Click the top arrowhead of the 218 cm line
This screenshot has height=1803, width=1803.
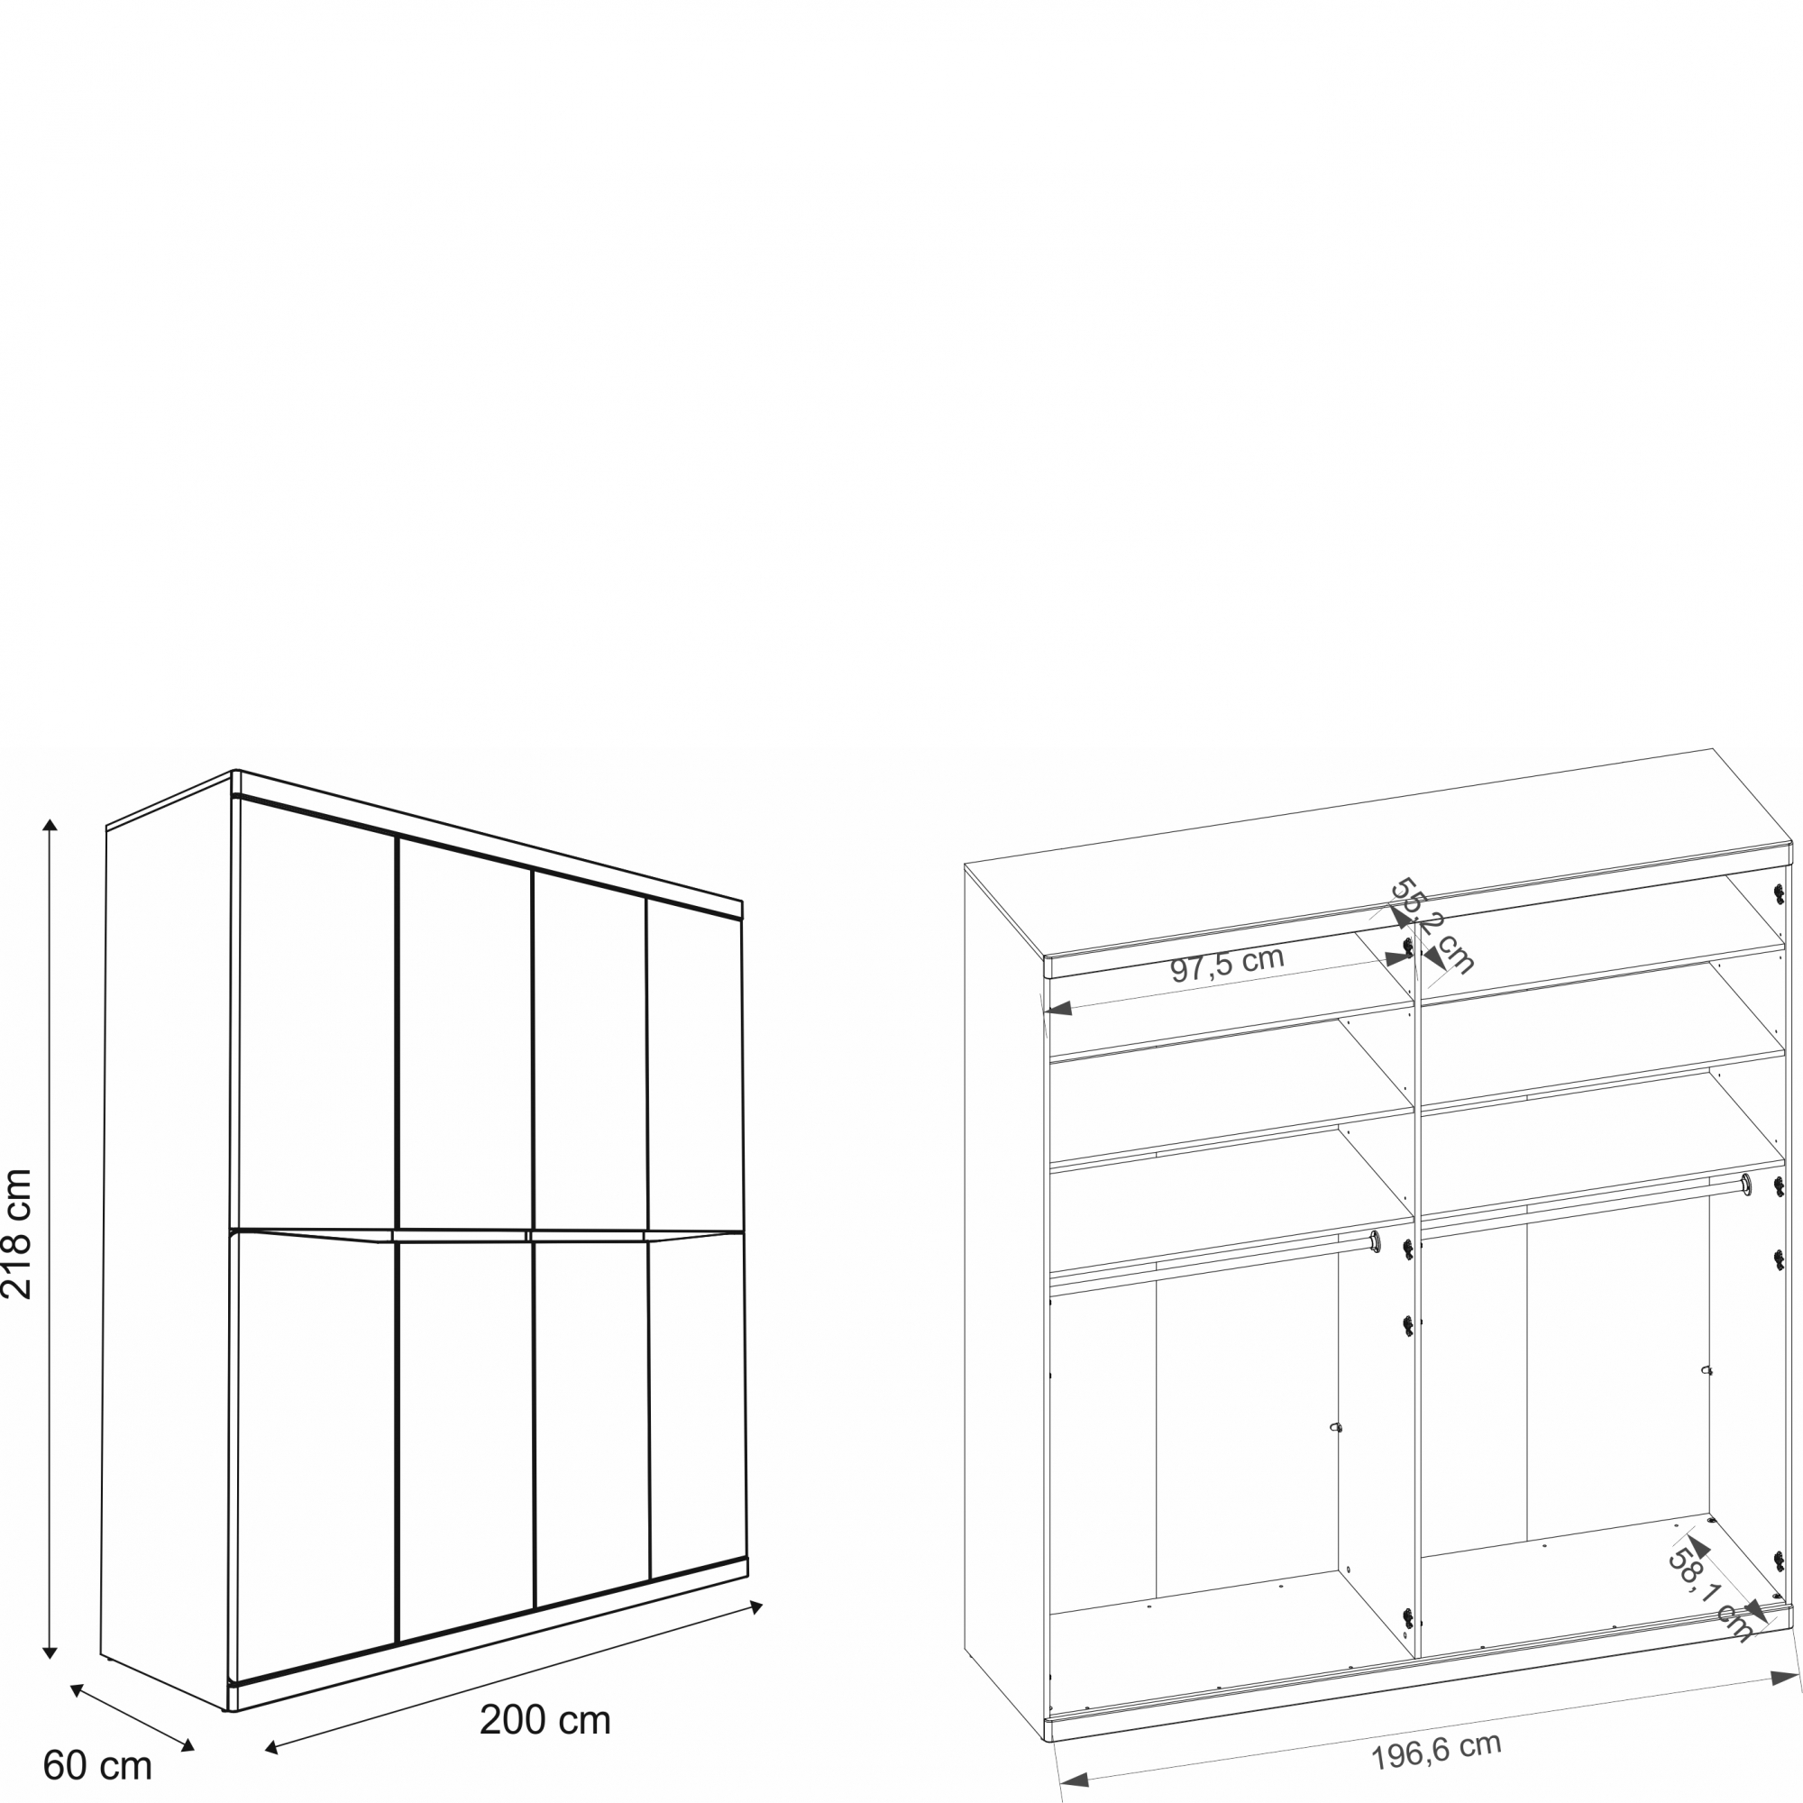[50, 825]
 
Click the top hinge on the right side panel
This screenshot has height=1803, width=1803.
[1779, 893]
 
